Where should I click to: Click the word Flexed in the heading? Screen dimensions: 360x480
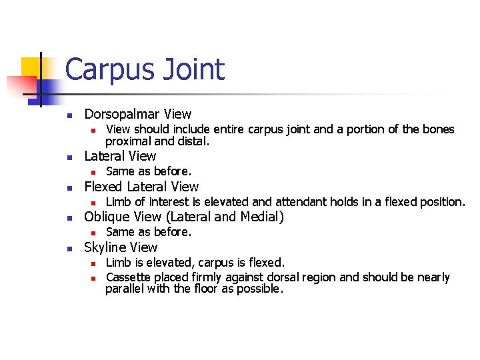click(x=103, y=187)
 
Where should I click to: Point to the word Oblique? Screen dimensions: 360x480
click(x=105, y=217)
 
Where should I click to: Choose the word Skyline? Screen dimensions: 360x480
click(x=105, y=247)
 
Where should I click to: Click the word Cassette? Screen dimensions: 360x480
click(x=129, y=277)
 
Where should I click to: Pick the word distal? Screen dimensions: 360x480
click(x=195, y=141)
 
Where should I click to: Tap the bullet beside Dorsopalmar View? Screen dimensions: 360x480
click(x=69, y=115)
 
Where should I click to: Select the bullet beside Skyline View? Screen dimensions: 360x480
click(x=69, y=248)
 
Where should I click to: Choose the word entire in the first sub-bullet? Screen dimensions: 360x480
click(x=218, y=129)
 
